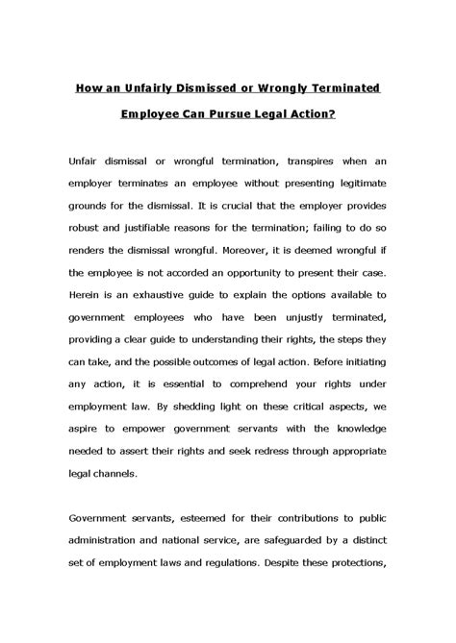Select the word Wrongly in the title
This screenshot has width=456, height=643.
[x=294, y=88]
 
